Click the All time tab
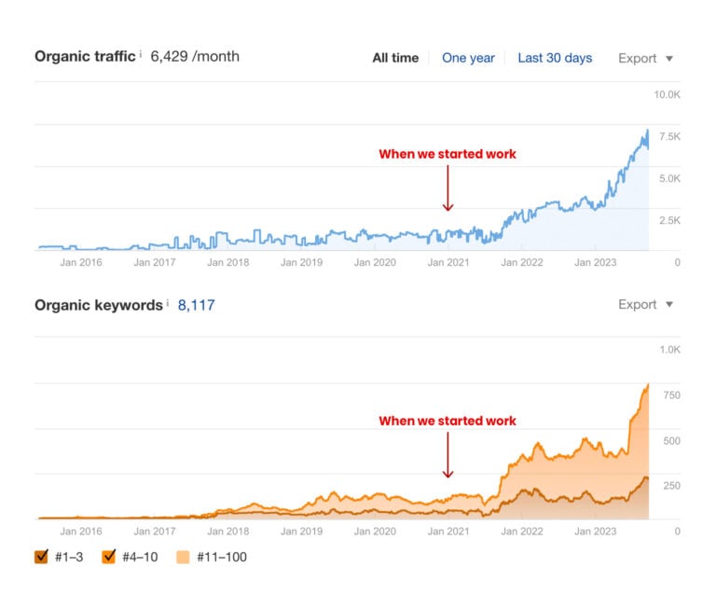coord(395,58)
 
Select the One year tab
coord(468,58)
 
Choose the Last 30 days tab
coord(555,58)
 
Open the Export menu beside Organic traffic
coord(645,58)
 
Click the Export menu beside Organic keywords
coord(645,304)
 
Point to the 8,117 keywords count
coord(196,305)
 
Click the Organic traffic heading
coord(85,56)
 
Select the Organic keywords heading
coord(98,305)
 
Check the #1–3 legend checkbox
coord(41,557)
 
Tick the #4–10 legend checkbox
coord(109,557)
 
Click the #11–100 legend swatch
coord(181,557)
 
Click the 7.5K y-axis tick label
coord(670,136)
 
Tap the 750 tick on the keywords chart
coord(671,395)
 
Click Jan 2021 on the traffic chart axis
coord(447,262)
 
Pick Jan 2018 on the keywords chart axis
coord(227,531)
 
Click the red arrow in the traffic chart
coord(447,187)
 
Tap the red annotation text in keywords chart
coord(447,421)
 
